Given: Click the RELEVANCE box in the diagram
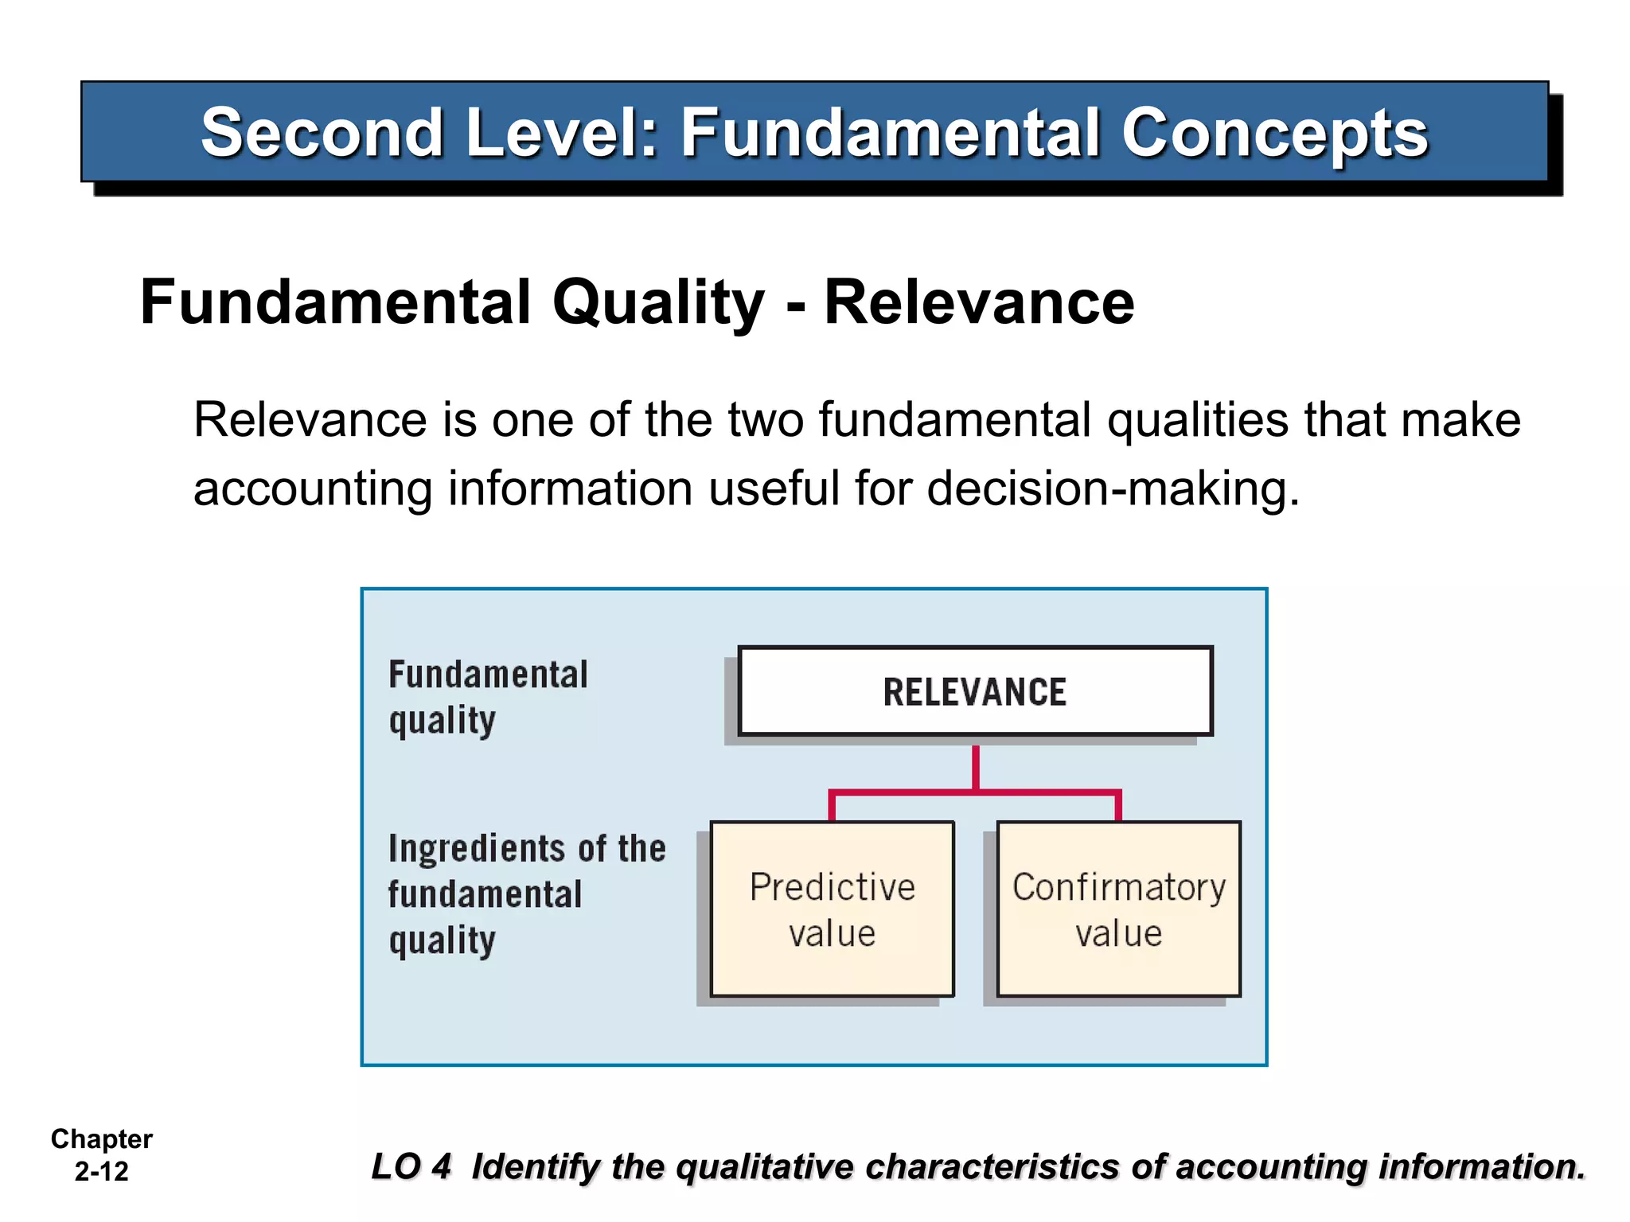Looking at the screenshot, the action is click(975, 691).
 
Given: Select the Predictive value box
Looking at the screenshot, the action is click(832, 909).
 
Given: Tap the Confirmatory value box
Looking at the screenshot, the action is click(1118, 909).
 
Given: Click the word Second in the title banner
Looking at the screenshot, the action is click(322, 133).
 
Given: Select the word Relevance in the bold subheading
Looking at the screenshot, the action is click(979, 302).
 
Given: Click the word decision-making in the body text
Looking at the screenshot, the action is click(1113, 488).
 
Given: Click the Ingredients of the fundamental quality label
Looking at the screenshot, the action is click(526, 894).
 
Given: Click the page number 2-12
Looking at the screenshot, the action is click(101, 1172).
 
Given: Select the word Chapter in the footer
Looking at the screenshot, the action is click(101, 1139).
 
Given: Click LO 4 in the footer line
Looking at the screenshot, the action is click(411, 1167).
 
